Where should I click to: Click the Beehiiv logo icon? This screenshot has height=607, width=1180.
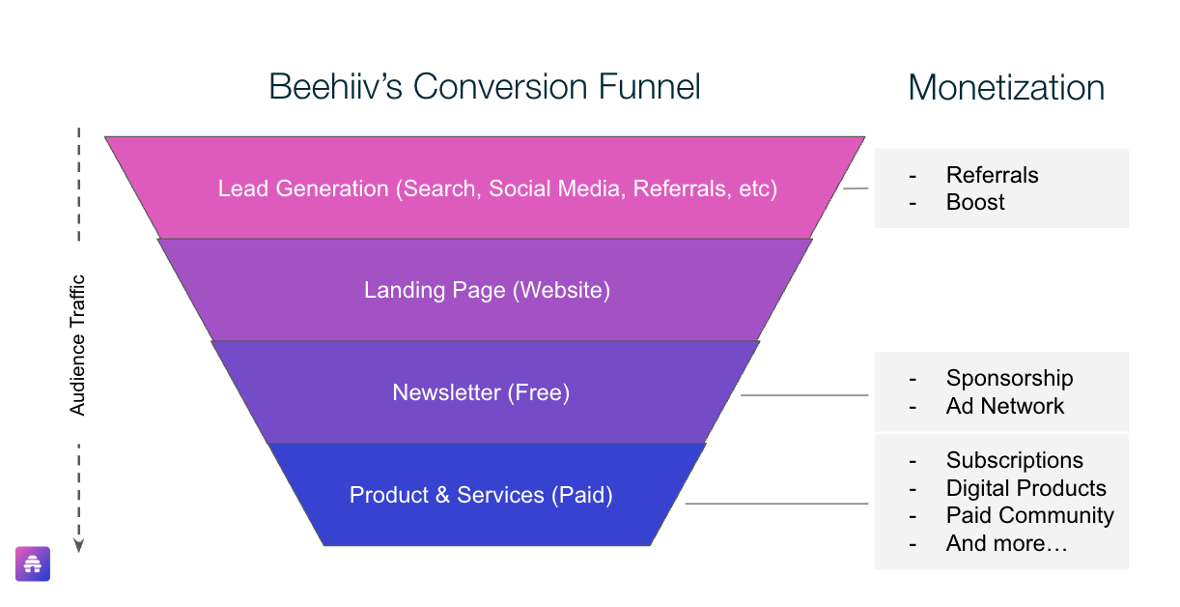pos(33,564)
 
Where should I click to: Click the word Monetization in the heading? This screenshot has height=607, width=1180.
pos(1006,88)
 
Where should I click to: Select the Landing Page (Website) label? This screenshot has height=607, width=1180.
pos(488,291)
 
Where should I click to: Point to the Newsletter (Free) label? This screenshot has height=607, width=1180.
pos(481,392)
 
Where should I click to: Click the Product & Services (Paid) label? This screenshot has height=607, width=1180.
pos(481,495)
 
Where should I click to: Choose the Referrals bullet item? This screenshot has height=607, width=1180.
pos(992,175)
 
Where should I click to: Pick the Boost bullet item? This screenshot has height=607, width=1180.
pos(975,203)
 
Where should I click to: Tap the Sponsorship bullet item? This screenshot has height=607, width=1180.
pos(1009,379)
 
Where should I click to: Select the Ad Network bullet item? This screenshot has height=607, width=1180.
pos(1004,406)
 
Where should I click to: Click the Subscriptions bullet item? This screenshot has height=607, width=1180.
pos(1015,461)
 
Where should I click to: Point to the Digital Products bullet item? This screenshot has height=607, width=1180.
pos(1026,488)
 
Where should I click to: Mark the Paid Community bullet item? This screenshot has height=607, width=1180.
pos(1030,516)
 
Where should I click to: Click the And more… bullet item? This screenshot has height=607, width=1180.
pos(1007,543)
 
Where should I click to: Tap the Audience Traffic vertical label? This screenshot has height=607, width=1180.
pos(77,345)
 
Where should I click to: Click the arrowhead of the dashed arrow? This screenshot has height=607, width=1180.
pos(78,546)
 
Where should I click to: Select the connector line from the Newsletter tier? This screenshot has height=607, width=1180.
pos(804,395)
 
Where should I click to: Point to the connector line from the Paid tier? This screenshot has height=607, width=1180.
pos(776,504)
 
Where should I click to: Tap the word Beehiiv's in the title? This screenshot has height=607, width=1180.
pos(336,86)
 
